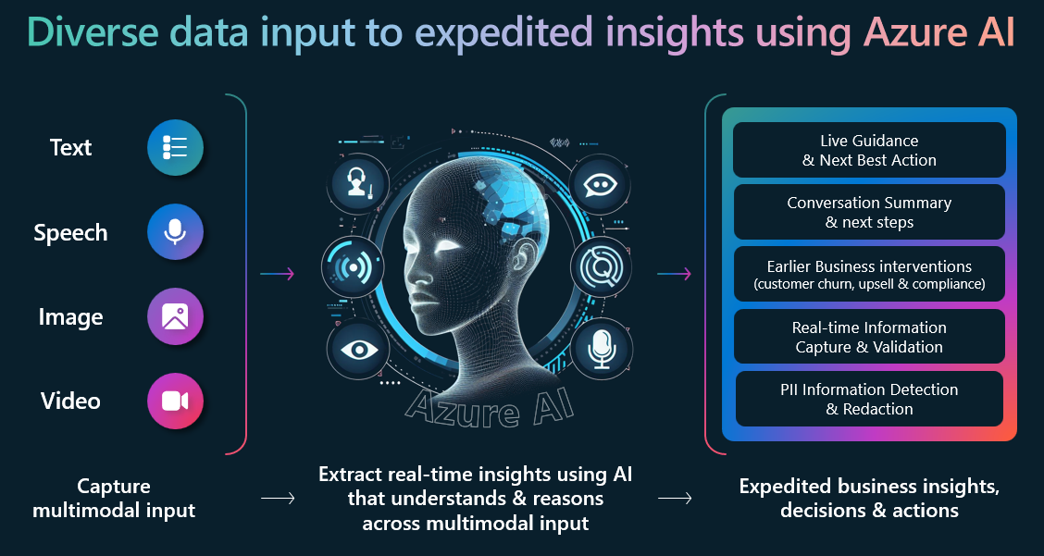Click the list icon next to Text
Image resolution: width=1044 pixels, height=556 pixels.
[175, 148]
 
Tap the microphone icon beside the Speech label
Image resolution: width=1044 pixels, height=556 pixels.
[175, 232]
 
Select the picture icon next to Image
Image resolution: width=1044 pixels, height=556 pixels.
[175, 316]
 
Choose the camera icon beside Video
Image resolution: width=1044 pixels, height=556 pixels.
[175, 401]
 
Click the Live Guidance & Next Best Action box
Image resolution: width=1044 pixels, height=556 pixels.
[869, 150]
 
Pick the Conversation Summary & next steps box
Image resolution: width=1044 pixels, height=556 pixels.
[869, 212]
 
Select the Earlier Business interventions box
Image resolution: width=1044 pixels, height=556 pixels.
[869, 274]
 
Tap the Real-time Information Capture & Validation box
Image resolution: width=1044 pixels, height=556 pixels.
[869, 337]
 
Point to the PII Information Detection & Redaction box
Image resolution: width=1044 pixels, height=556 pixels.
[869, 399]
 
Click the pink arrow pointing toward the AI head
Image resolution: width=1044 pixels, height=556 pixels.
[277, 274]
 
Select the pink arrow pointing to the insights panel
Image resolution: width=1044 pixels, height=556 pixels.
[674, 274]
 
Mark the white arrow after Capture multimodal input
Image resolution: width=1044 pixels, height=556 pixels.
[277, 498]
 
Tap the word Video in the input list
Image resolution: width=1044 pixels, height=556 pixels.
[70, 402]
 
